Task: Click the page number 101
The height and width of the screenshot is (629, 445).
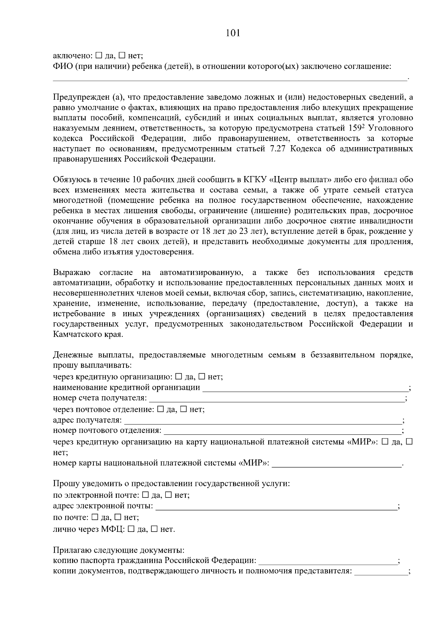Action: [x=233, y=33]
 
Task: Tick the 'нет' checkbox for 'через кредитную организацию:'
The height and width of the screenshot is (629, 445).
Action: [x=202, y=377]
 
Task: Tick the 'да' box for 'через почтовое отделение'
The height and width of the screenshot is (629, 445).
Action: [x=161, y=409]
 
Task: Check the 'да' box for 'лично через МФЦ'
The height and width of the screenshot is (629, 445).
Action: [x=131, y=529]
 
